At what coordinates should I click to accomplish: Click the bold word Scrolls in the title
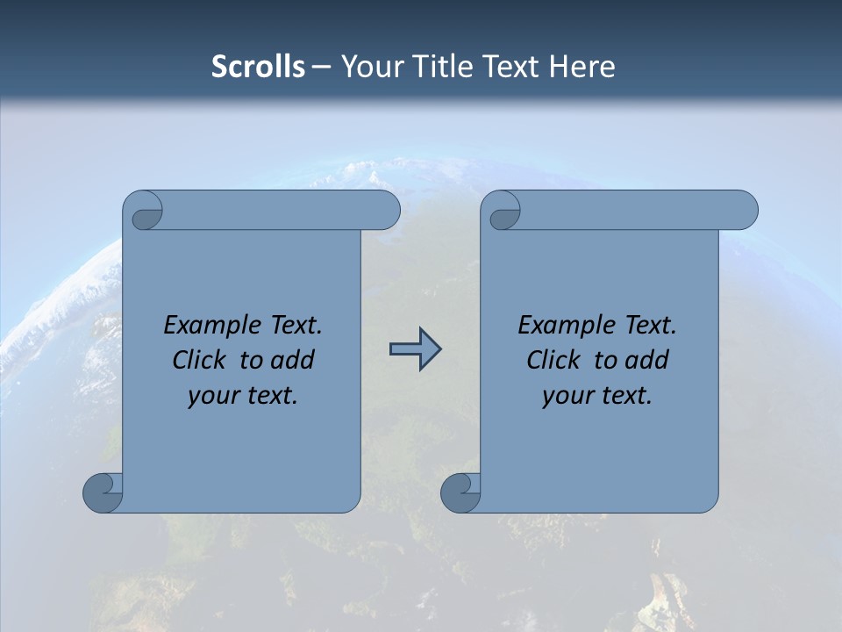(x=258, y=67)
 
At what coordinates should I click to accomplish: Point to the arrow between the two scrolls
(x=415, y=348)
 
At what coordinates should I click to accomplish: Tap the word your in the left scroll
(x=211, y=396)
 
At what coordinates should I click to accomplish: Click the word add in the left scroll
(x=294, y=361)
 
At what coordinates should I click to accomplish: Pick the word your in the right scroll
(x=566, y=396)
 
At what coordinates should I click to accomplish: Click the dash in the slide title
(x=322, y=67)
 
